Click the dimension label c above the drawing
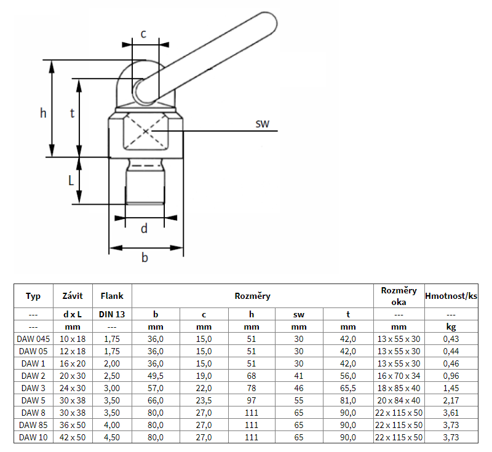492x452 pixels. [143, 34]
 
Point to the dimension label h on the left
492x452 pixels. [42, 113]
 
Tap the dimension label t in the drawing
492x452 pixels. [73, 113]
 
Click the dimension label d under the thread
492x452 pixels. [144, 229]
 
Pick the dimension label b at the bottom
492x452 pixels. [145, 258]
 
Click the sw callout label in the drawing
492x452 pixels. [263, 124]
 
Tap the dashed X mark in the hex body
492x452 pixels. [146, 131]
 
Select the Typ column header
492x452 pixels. [33, 296]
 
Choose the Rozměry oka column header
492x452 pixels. [399, 296]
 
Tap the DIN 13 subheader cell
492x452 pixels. [112, 314]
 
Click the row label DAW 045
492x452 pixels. [34, 339]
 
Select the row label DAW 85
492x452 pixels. [34, 425]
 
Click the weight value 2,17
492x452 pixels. [452, 400]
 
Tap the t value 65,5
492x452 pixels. [347, 388]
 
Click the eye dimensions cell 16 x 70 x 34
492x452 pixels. [399, 376]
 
